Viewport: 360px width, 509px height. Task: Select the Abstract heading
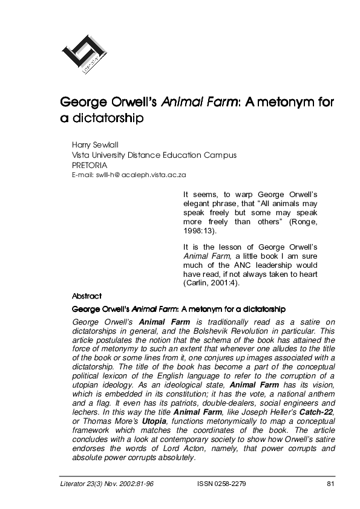(87, 296)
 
